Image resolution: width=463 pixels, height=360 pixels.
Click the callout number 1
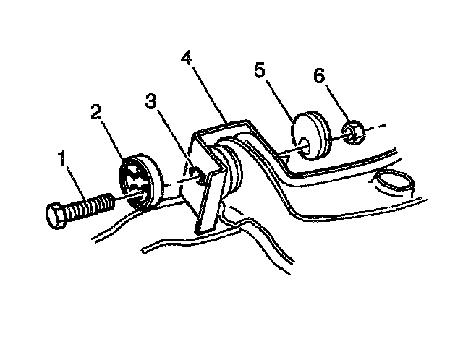tap(64, 158)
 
